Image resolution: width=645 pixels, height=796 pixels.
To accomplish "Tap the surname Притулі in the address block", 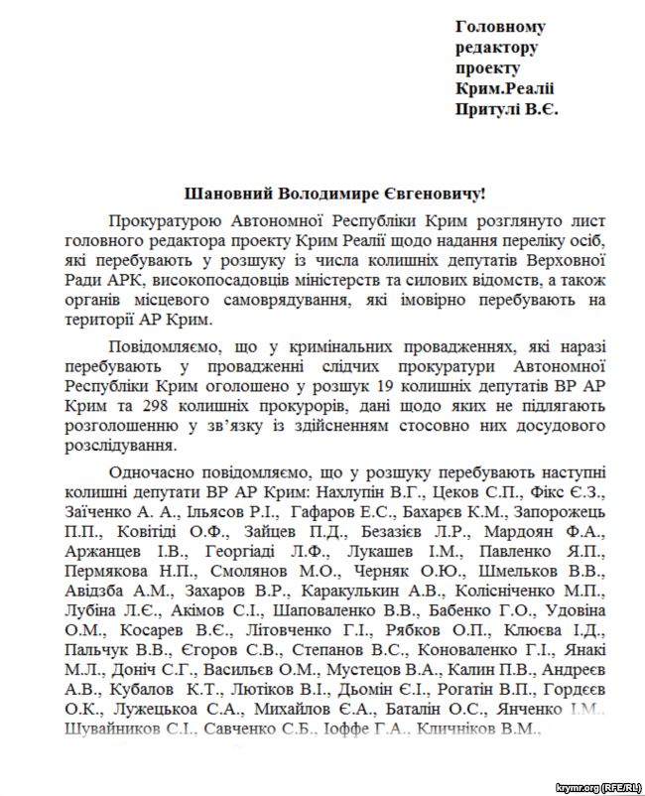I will tap(490, 108).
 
